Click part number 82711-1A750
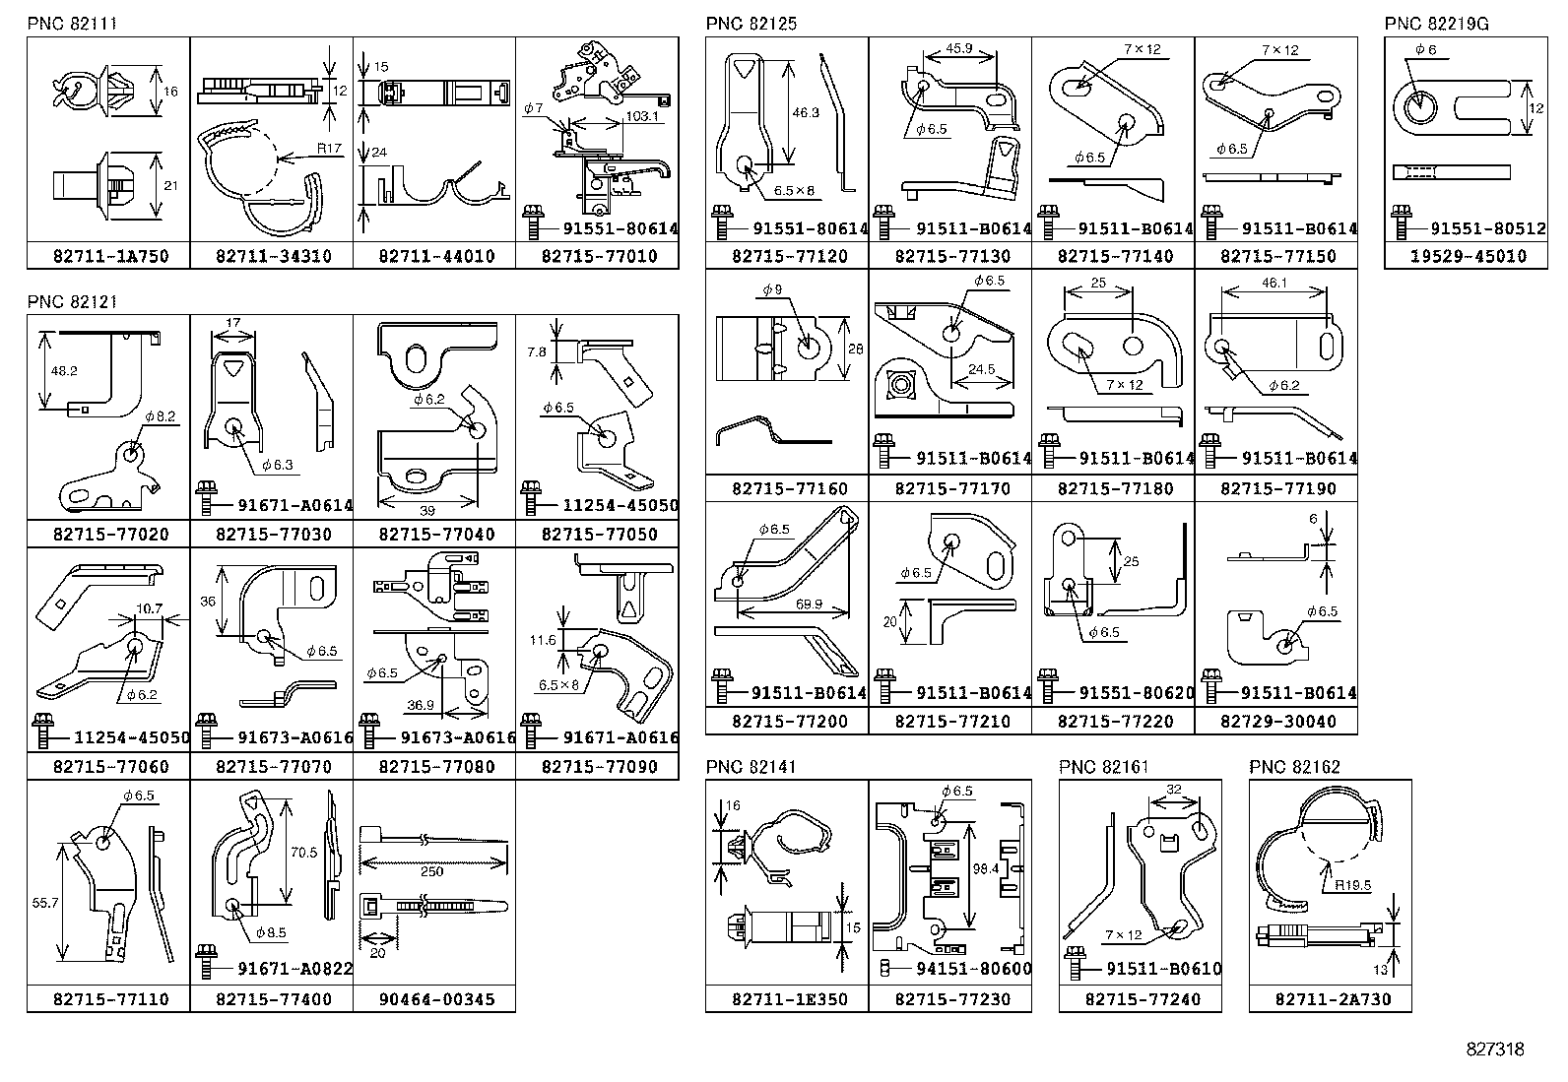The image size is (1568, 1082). (x=111, y=256)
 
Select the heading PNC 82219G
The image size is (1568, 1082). (x=1436, y=24)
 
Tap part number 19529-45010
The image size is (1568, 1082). (x=1468, y=256)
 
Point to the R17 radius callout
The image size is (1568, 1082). (x=329, y=149)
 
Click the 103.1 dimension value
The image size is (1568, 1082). (x=642, y=116)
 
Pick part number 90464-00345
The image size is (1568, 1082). (x=436, y=999)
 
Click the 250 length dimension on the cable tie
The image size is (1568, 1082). (x=432, y=871)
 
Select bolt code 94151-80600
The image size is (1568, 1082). (x=974, y=969)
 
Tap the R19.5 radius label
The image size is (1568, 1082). (x=1352, y=885)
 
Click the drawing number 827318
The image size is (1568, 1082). (x=1495, y=1050)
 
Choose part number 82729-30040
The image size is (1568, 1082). (x=1278, y=722)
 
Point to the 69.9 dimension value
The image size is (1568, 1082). (x=809, y=604)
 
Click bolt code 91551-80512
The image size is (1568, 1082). (x=1487, y=228)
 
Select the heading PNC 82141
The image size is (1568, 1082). (x=751, y=767)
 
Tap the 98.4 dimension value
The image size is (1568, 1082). (x=985, y=868)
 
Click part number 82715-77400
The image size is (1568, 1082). (x=274, y=999)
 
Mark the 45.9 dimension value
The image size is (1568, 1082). (x=959, y=48)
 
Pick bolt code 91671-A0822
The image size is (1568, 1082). (x=294, y=969)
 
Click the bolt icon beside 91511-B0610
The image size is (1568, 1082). (x=1075, y=963)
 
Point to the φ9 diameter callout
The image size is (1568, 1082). (x=772, y=289)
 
